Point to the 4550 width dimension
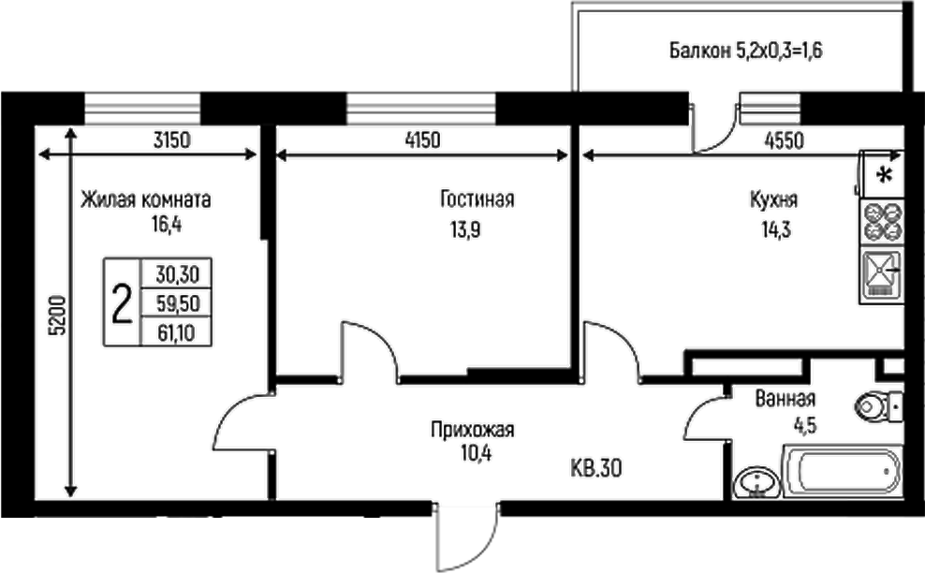[783, 141]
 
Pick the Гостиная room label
[477, 199]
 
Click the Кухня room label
[773, 199]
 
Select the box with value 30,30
[176, 274]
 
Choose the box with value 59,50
[176, 303]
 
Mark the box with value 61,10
[176, 332]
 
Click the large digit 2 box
[121, 303]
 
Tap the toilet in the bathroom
[879, 406]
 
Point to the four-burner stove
[882, 223]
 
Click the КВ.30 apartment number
[596, 466]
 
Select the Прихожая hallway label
[473, 432]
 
